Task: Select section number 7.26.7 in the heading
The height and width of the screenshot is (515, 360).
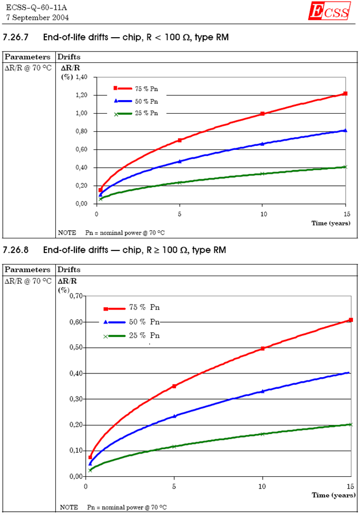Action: point(18,37)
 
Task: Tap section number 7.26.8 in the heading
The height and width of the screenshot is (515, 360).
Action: point(18,250)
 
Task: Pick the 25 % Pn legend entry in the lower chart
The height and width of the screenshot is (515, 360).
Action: point(144,336)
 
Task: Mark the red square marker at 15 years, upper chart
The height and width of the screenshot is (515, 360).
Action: point(345,93)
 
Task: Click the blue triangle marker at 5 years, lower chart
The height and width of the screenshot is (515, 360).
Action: point(175,416)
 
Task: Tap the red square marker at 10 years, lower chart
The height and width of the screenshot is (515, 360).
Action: point(263,348)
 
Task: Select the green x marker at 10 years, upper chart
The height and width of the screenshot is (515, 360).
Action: point(262,174)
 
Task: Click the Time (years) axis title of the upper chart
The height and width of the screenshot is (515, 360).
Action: point(327,223)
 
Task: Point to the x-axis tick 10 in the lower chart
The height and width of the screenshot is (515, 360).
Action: point(262,486)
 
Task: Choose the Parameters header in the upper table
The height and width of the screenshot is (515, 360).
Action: point(28,56)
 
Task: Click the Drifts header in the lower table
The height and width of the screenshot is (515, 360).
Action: point(69,270)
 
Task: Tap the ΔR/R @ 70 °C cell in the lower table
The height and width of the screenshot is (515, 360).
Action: point(28,281)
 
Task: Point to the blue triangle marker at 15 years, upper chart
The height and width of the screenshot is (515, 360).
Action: point(345,130)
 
